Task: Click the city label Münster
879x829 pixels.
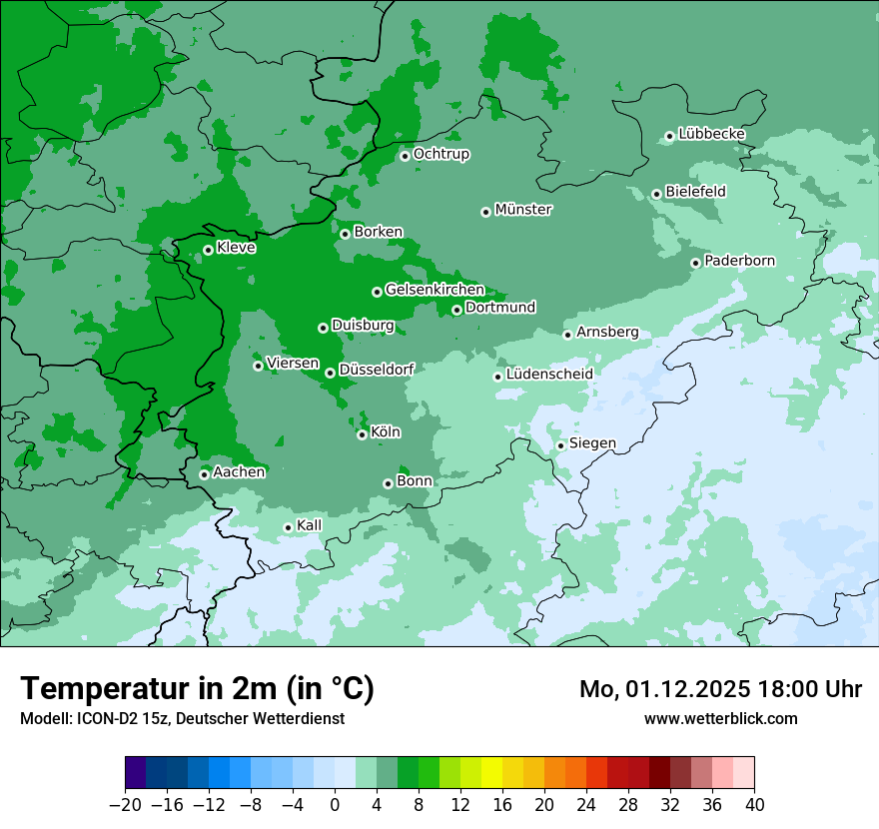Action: pyautogui.click(x=523, y=210)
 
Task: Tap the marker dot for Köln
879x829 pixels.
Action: pyautogui.click(x=363, y=434)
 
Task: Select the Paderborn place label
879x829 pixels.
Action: pyautogui.click(x=739, y=261)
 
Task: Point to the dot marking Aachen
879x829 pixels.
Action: pyautogui.click(x=204, y=474)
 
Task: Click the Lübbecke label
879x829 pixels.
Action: pyautogui.click(x=711, y=134)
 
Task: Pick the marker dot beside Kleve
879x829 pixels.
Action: pyautogui.click(x=208, y=250)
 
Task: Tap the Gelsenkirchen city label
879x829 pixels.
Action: pyautogui.click(x=435, y=290)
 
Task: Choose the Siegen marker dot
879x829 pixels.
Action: pyautogui.click(x=561, y=445)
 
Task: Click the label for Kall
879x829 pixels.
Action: pyautogui.click(x=310, y=525)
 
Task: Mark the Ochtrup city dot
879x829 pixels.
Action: pyautogui.click(x=405, y=156)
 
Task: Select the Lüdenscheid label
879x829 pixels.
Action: pyautogui.click(x=549, y=375)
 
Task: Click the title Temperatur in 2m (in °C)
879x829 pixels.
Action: pyautogui.click(x=197, y=689)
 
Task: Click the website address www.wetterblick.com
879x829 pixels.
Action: pyautogui.click(x=720, y=718)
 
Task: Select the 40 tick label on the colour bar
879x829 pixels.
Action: pyautogui.click(x=754, y=805)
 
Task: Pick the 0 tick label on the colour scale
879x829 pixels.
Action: pyautogui.click(x=335, y=805)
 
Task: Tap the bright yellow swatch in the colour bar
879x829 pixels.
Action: pyautogui.click(x=491, y=773)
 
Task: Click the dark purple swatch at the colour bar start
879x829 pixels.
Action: pyautogui.click(x=136, y=773)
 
